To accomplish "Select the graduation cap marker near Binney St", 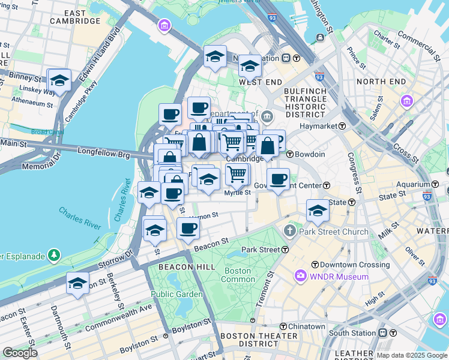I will (x=59, y=80).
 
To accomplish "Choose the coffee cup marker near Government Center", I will (x=277, y=179).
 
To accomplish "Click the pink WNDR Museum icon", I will (x=300, y=277).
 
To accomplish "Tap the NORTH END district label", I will (x=380, y=81).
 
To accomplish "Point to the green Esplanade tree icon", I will (x=54, y=256).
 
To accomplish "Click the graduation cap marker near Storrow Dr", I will (x=77, y=283).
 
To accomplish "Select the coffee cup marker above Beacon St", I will (x=188, y=229).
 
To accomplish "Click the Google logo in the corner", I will (x=20, y=353).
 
